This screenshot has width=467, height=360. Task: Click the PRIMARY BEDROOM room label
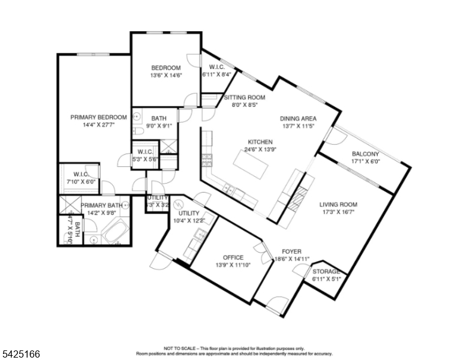[98, 117]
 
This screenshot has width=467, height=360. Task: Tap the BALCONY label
[365, 154]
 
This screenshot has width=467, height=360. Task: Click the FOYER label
[291, 251]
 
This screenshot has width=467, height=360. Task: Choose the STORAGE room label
[327, 271]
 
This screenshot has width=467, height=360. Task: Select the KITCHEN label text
[260, 142]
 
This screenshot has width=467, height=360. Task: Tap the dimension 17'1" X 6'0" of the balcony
[365, 161]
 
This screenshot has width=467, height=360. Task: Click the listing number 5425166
[20, 355]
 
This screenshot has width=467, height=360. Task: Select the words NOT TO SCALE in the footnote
[180, 348]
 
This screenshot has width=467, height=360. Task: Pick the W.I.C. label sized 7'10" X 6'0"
[77, 174]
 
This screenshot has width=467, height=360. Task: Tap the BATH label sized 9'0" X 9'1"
[159, 118]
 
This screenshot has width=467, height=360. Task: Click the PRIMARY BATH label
[102, 205]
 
